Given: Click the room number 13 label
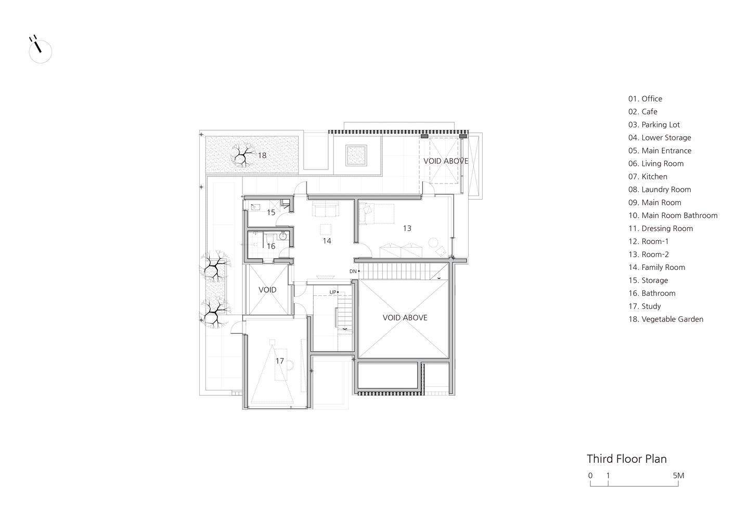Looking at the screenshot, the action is pyautogui.click(x=407, y=228).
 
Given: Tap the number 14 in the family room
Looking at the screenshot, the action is pyautogui.click(x=327, y=241).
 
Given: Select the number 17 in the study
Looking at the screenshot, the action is pyautogui.click(x=280, y=361).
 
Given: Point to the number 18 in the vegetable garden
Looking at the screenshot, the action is pyautogui.click(x=262, y=155).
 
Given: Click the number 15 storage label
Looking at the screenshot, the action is pyautogui.click(x=271, y=213).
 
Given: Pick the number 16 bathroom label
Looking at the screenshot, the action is pyautogui.click(x=271, y=246).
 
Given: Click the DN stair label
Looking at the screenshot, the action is pyautogui.click(x=353, y=271).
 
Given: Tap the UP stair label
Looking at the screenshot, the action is pyautogui.click(x=333, y=292).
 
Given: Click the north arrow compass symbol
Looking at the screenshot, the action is pyautogui.click(x=40, y=50).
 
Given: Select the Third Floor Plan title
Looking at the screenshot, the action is pyautogui.click(x=627, y=459).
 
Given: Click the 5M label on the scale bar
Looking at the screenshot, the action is pyautogui.click(x=678, y=475).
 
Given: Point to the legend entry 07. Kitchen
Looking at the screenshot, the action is pyautogui.click(x=648, y=177).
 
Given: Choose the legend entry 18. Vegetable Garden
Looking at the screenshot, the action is pyautogui.click(x=666, y=319).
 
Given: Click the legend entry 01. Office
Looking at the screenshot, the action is pyautogui.click(x=645, y=99).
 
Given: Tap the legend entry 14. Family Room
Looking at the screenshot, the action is pyautogui.click(x=656, y=267).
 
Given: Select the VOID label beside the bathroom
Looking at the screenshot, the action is pyautogui.click(x=267, y=290).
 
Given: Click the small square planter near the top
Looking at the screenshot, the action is pyautogui.click(x=356, y=155).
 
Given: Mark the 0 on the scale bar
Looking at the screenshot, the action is pyautogui.click(x=590, y=475).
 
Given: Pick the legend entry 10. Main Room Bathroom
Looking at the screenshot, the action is pyautogui.click(x=673, y=215).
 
